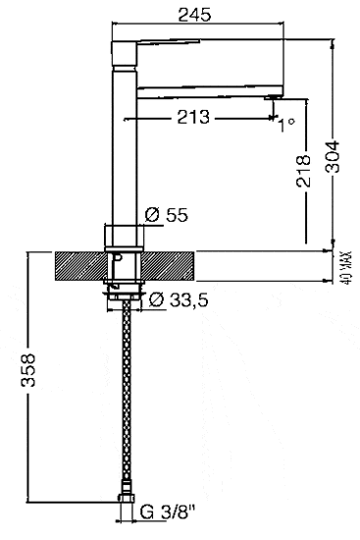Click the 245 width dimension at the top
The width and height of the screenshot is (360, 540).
click(x=194, y=15)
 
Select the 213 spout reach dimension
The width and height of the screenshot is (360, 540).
click(x=193, y=117)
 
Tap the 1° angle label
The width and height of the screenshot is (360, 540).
click(x=286, y=125)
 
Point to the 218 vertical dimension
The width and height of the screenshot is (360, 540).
click(x=303, y=171)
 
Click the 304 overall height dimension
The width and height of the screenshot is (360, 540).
click(x=333, y=156)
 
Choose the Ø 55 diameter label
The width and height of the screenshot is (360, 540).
click(x=167, y=215)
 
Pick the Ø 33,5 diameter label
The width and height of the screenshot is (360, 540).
click(x=179, y=300)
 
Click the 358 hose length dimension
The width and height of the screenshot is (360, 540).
click(x=28, y=370)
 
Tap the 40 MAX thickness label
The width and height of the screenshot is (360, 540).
click(x=347, y=267)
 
